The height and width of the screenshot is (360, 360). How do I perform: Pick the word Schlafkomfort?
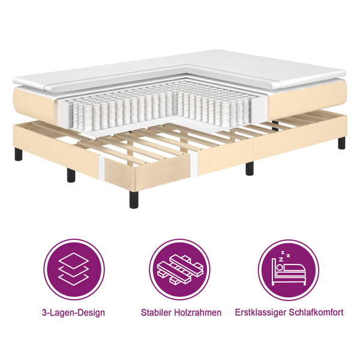(319, 313)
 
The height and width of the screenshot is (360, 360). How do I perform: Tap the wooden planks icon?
(181, 269)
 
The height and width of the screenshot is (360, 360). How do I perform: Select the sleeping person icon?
(289, 269)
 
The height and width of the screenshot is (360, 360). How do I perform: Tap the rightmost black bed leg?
(341, 143)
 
